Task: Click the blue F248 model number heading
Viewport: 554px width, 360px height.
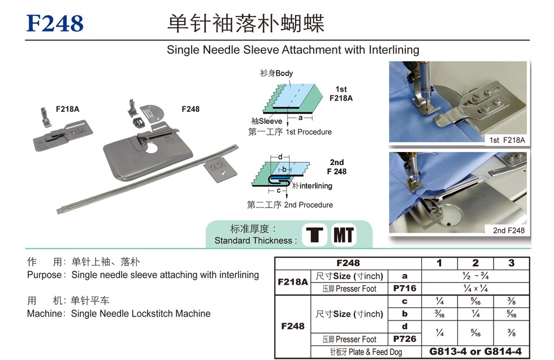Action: [55, 23]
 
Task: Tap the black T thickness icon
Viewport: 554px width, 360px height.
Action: [314, 235]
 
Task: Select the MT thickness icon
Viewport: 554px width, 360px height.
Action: [344, 235]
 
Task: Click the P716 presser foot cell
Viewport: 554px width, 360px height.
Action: [405, 288]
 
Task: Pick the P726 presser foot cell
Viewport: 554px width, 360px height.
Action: [405, 339]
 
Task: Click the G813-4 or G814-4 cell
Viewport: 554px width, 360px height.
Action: [475, 351]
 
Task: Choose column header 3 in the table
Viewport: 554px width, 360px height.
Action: [511, 263]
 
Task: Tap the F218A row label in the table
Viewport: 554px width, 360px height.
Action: [293, 281]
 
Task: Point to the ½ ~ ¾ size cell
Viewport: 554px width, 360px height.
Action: [475, 276]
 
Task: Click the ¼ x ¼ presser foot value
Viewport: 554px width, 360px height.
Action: [475, 288]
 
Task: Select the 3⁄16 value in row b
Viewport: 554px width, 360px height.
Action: [439, 313]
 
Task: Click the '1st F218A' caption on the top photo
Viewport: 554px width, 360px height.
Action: [507, 140]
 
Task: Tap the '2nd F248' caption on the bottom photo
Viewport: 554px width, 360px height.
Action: [509, 231]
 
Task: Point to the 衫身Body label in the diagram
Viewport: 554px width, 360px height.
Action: [276, 73]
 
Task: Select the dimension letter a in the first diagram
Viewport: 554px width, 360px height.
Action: [300, 118]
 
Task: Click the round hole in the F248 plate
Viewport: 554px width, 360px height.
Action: [152, 148]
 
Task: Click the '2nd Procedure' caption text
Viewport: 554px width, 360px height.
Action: [309, 205]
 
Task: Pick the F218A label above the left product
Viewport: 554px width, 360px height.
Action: [67, 109]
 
